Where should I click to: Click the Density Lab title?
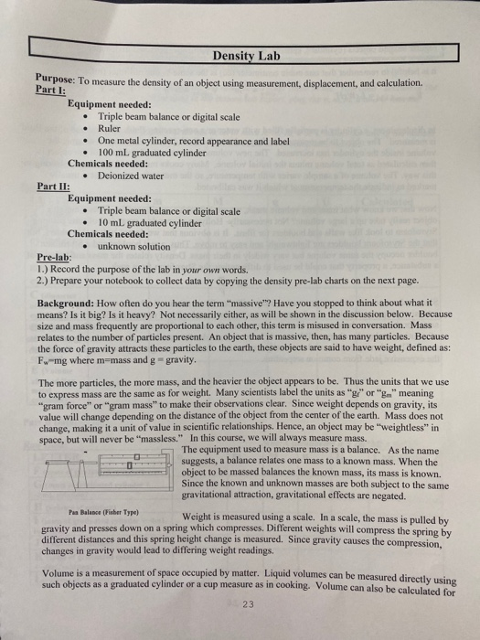tap(240, 56)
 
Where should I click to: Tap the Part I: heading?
tap(48, 91)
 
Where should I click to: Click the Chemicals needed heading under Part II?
tap(108, 233)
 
